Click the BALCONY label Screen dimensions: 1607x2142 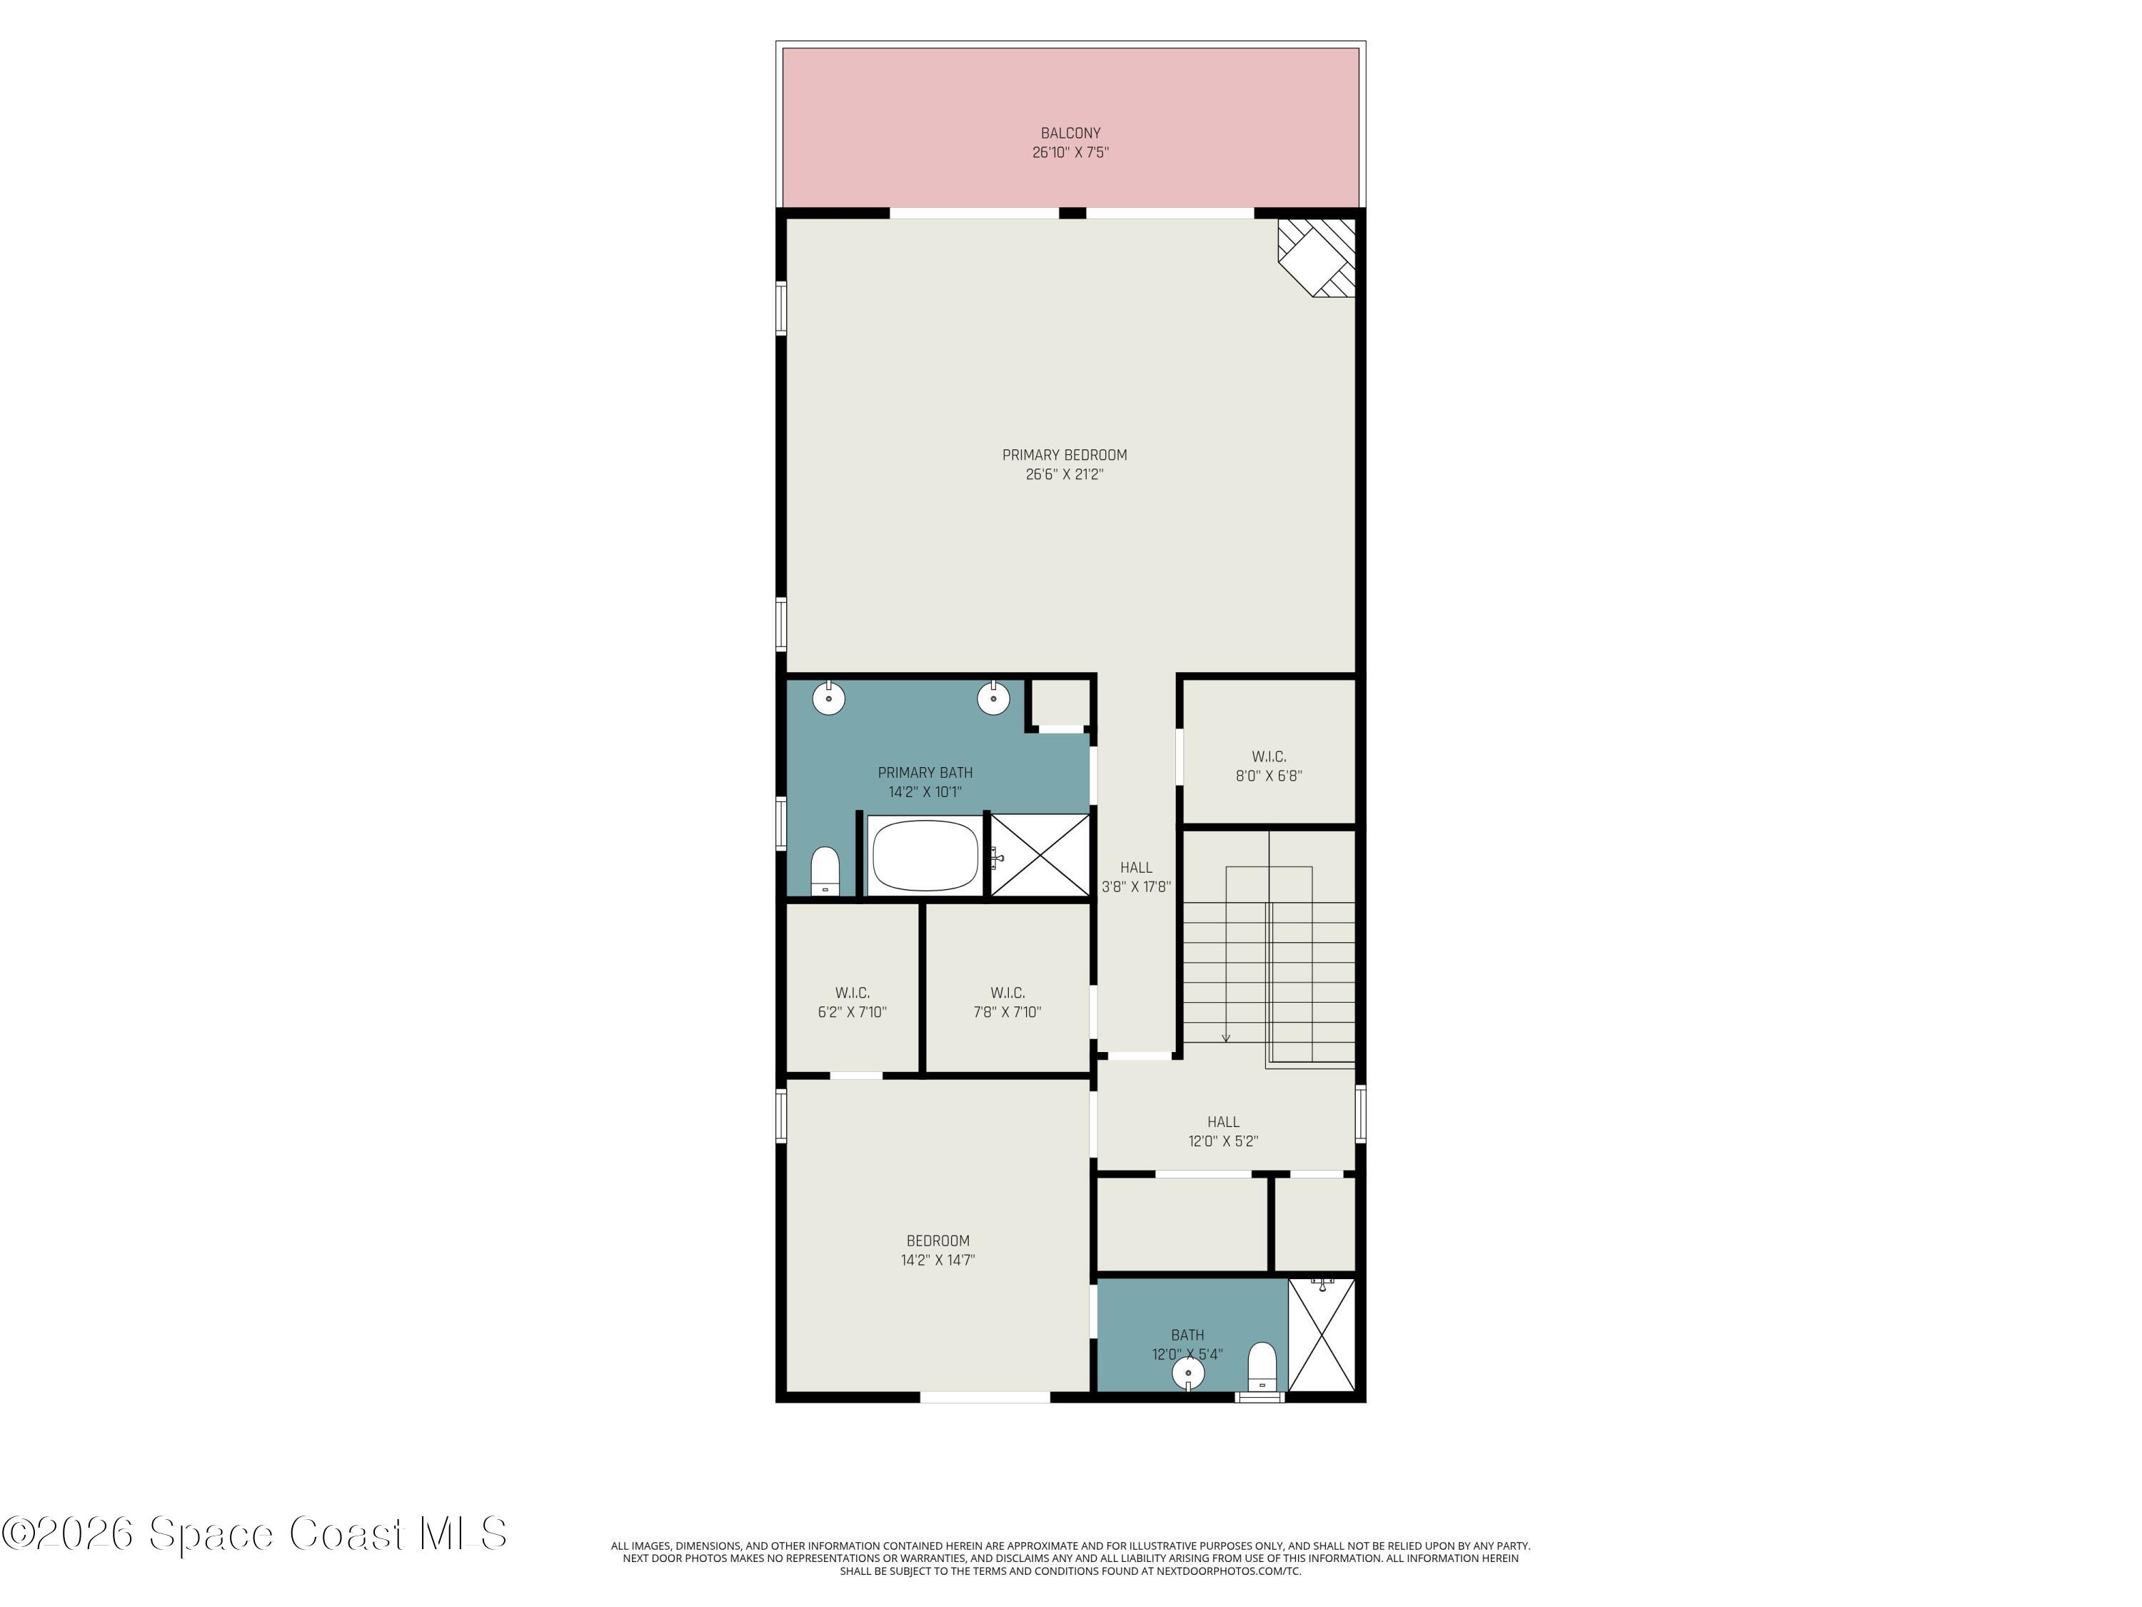1070,133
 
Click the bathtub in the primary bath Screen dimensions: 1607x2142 925,856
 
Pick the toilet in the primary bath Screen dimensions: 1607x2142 825,870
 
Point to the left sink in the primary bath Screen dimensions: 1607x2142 829,697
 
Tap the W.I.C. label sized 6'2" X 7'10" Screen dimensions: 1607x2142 852,993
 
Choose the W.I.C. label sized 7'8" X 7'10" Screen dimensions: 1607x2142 1007,993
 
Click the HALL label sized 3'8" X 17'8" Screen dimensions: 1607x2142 1136,868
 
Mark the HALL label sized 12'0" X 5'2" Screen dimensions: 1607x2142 1223,1122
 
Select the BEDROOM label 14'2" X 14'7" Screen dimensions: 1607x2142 937,1241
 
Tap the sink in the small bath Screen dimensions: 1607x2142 1188,1373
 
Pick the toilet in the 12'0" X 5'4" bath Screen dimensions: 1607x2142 1262,1366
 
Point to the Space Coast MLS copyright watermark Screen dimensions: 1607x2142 253,1534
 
